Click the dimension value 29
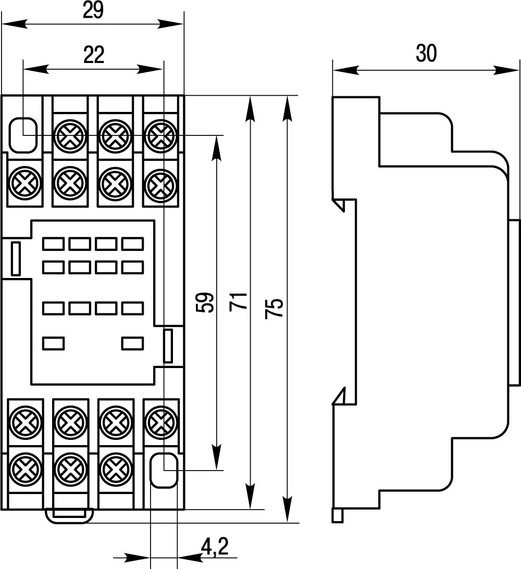tap(94, 11)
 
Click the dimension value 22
tap(94, 55)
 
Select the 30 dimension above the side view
tap(426, 54)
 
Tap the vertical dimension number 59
tap(207, 302)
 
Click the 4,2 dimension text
tap(214, 546)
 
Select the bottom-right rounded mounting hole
tap(164, 470)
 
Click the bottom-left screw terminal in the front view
tap(25, 470)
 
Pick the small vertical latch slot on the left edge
tap(16, 259)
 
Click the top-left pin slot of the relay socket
tap(53, 243)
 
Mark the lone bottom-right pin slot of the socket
tap(132, 343)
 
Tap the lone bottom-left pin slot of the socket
tap(53, 343)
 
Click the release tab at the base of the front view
tap(69, 515)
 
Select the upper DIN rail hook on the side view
tap(344, 203)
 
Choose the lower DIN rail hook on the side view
tap(344, 397)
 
